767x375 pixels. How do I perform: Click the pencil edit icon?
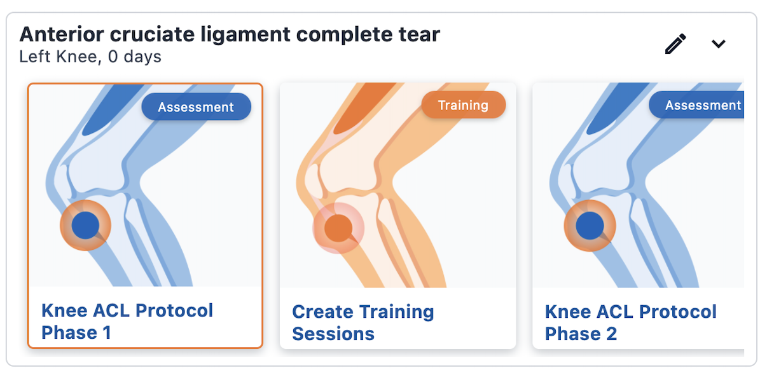675,44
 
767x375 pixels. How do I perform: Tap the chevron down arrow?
719,44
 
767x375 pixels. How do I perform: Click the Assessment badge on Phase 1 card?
196,107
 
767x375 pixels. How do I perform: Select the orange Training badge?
463,105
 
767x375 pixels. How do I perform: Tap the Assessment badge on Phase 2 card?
696,105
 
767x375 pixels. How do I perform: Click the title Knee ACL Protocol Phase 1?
127,321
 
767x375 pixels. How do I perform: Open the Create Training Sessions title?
363,322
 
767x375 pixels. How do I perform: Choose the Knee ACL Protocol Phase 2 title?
630,322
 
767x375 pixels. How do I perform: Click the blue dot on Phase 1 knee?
85,225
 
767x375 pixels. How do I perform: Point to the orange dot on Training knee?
338,228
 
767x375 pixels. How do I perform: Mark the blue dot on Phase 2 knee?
590,226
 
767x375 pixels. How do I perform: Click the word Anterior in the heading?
62,34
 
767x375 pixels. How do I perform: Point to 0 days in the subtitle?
135,57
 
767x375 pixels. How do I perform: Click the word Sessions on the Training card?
333,334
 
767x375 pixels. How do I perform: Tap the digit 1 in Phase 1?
107,332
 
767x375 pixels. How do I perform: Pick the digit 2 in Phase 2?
612,334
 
